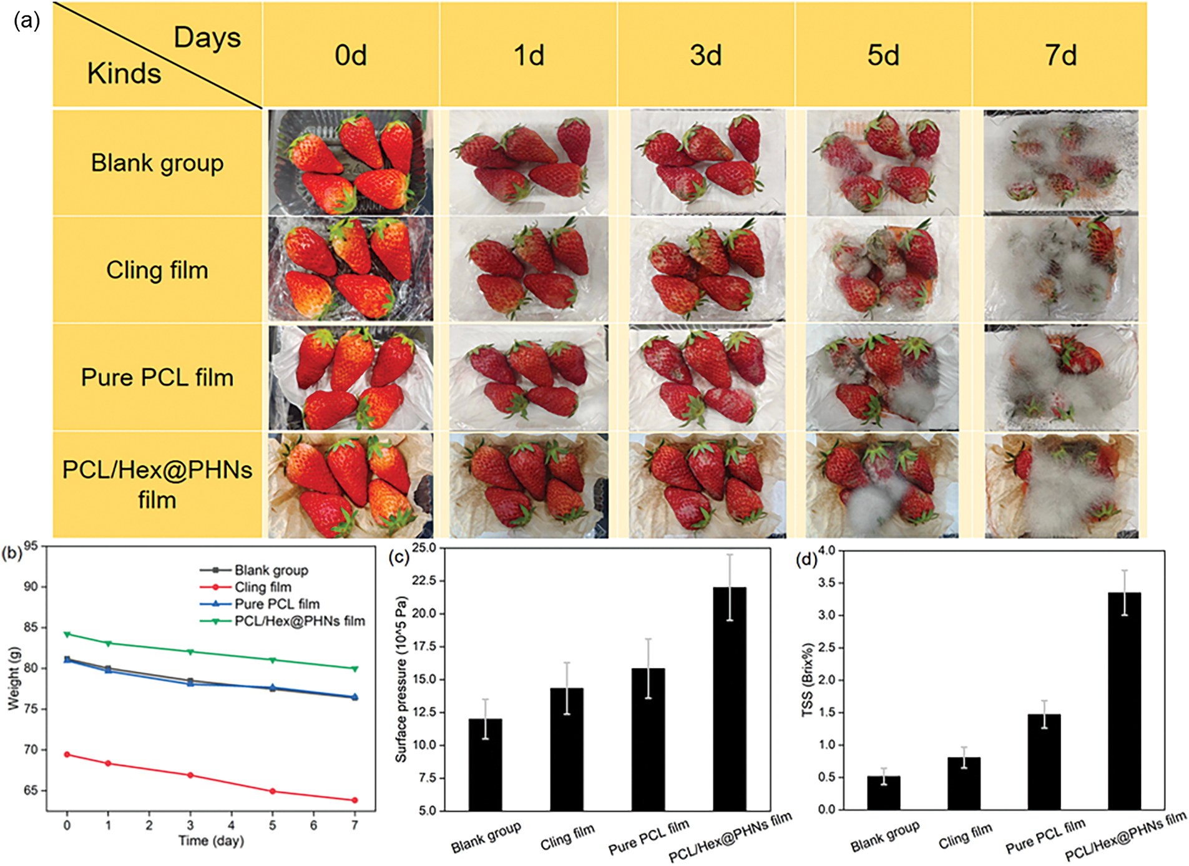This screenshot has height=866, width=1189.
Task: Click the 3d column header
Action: click(705, 55)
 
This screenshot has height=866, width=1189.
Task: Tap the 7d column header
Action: click(1060, 55)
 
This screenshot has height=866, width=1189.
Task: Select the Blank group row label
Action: click(157, 163)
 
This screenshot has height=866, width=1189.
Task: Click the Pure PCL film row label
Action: click(157, 377)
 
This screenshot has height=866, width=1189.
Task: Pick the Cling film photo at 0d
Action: click(351, 269)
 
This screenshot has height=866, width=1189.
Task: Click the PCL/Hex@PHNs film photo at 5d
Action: click(883, 485)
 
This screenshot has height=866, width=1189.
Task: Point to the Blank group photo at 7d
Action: click(1060, 163)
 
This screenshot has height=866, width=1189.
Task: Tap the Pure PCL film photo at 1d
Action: click(528, 377)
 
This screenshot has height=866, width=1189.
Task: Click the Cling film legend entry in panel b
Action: click(262, 587)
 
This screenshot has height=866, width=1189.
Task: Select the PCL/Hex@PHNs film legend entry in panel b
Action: click(299, 621)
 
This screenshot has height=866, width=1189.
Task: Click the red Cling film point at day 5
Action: click(272, 791)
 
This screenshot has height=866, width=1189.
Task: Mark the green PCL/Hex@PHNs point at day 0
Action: click(67, 634)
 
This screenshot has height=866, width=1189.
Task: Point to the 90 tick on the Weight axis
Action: click(31, 587)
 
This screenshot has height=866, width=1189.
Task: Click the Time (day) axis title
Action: click(211, 841)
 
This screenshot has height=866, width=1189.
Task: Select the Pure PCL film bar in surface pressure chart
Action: click(648, 740)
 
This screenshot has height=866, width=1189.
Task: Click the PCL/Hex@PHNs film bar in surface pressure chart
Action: click(729, 699)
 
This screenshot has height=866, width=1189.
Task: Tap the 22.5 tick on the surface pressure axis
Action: click(428, 581)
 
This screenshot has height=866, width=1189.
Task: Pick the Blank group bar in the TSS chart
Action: click(883, 793)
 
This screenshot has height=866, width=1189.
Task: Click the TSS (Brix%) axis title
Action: click(808, 679)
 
